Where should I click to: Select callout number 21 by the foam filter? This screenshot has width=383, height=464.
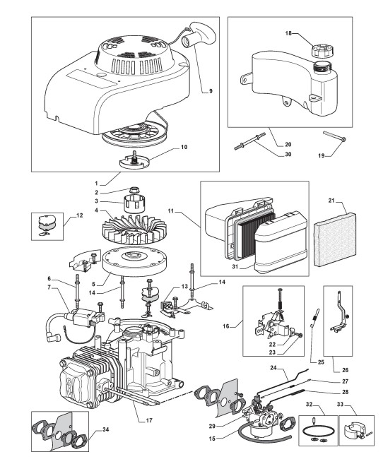(331, 201)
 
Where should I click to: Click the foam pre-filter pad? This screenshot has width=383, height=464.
(334, 241)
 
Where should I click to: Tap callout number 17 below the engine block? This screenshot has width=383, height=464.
(149, 420)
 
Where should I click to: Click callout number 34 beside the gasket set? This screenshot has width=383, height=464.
(105, 429)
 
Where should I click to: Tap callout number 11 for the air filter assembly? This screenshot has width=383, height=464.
(171, 212)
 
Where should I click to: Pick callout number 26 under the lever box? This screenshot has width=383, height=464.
(345, 370)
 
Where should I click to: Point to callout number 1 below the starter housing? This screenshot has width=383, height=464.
(97, 184)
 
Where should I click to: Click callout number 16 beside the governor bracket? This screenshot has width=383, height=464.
(226, 326)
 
